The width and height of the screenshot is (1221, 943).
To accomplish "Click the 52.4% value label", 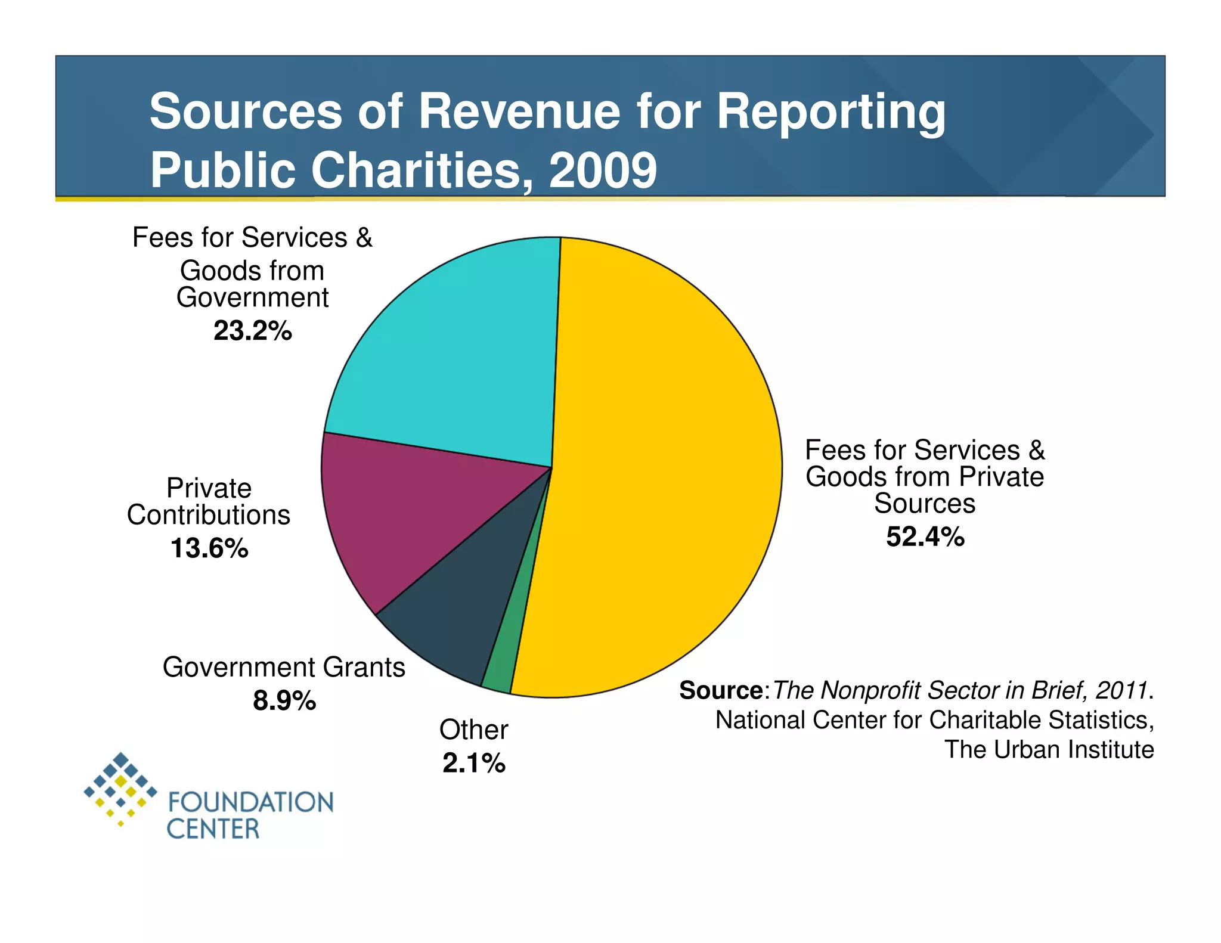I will tap(925, 536).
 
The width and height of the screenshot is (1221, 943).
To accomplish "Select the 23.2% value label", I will tap(253, 331).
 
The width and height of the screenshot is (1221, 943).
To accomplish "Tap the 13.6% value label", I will tap(209, 548).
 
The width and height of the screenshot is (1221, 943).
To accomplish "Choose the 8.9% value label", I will tap(284, 700).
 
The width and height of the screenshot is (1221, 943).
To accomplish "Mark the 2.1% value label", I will tap(474, 763).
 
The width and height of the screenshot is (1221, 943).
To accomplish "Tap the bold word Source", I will tap(721, 690).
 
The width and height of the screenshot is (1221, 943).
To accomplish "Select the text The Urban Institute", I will tap(1049, 749).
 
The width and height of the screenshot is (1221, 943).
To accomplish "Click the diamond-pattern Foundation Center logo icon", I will tap(121, 788).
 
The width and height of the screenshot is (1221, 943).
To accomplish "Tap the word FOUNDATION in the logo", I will tap(250, 802).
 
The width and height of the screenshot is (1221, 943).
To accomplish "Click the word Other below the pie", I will tap(474, 730).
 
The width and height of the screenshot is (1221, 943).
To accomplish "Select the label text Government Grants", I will tap(284, 667).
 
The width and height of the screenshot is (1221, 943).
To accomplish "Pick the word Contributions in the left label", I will tap(209, 515).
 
